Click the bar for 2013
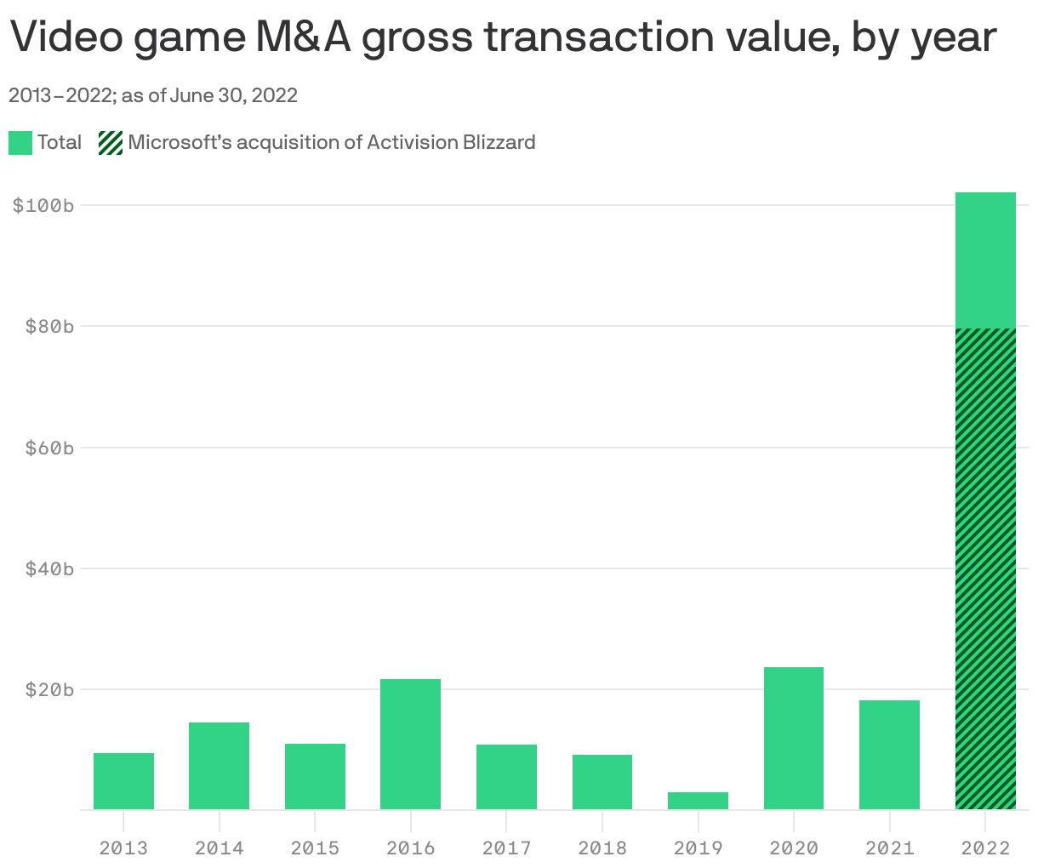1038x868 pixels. click(123, 781)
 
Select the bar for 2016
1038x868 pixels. click(410, 745)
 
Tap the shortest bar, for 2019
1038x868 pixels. click(698, 801)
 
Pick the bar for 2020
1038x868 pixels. click(793, 739)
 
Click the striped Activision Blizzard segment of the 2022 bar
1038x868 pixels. click(985, 568)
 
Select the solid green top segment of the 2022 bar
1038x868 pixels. click(985, 260)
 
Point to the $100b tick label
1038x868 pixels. click(43, 206)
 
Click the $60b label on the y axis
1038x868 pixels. click(43, 448)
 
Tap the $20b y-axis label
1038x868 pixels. click(43, 689)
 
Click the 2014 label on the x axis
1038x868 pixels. click(219, 848)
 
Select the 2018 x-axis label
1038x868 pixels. click(602, 848)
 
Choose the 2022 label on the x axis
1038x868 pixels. click(985, 848)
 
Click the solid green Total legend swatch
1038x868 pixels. click(20, 143)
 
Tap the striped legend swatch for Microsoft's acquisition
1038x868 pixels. click(111, 143)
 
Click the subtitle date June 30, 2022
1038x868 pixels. click(233, 95)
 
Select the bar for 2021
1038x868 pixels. click(889, 755)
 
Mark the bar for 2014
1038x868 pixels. click(219, 766)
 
